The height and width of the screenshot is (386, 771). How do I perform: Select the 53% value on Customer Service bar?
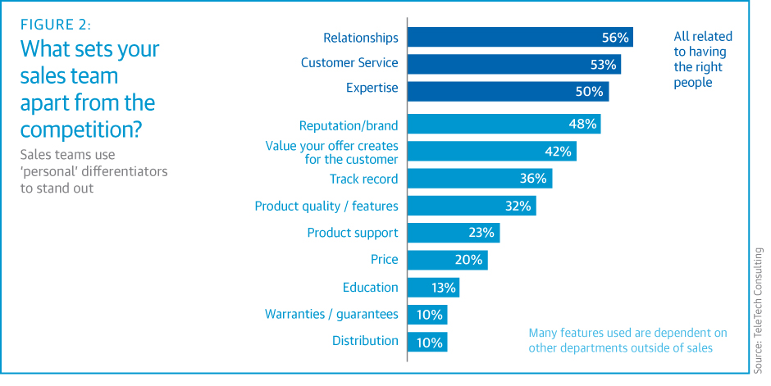pos(604,64)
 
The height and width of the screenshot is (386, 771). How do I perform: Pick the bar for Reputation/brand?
pos(504,125)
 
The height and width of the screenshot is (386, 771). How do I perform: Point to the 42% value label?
pos(561,152)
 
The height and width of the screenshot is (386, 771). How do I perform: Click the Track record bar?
pos(479,179)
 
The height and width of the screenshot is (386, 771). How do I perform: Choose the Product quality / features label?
pos(326,206)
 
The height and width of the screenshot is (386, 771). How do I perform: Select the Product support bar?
pos(453,233)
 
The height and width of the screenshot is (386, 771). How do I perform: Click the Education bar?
pos(432,287)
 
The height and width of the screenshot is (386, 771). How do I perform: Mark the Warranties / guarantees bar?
pos(427,314)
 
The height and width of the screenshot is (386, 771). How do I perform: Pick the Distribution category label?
pos(365,341)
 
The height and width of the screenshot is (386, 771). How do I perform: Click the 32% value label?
pos(518,206)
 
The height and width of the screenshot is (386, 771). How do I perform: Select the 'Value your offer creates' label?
pos(331,146)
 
